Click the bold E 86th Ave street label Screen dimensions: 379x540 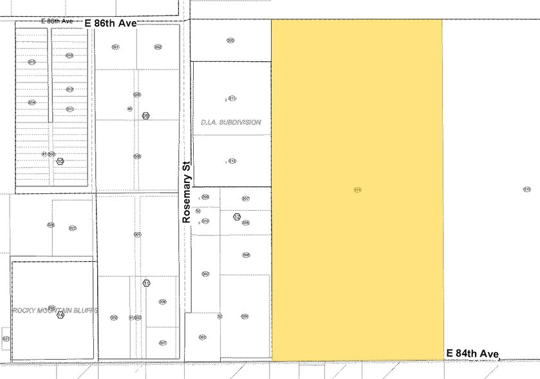coord(111,23)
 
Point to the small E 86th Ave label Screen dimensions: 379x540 coord(57,21)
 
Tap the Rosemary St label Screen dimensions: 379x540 coord(187,191)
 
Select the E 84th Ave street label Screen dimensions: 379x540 coord(473,353)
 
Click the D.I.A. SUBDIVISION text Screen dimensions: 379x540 coord(230,122)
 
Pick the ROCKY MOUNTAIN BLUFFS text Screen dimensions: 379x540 coord(55,310)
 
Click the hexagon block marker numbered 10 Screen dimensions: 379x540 coord(60,161)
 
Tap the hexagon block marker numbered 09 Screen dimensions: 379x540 coord(146,115)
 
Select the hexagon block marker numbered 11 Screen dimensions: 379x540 coord(147,283)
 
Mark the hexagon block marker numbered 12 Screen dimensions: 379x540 coord(237,217)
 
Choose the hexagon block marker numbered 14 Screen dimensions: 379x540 coord(61,315)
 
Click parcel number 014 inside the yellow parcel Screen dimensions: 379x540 coord(358,189)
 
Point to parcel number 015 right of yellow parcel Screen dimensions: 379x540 coord(526,189)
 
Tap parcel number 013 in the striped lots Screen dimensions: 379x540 coord(32,62)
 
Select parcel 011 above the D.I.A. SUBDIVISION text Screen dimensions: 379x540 coord(232,99)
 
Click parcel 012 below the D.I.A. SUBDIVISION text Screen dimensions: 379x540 coord(232,160)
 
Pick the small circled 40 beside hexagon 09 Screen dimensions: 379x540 coord(130,109)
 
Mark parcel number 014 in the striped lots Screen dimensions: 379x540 coord(32,102)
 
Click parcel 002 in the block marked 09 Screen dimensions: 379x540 coord(158,47)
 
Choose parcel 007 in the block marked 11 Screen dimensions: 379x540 coord(163,342)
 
